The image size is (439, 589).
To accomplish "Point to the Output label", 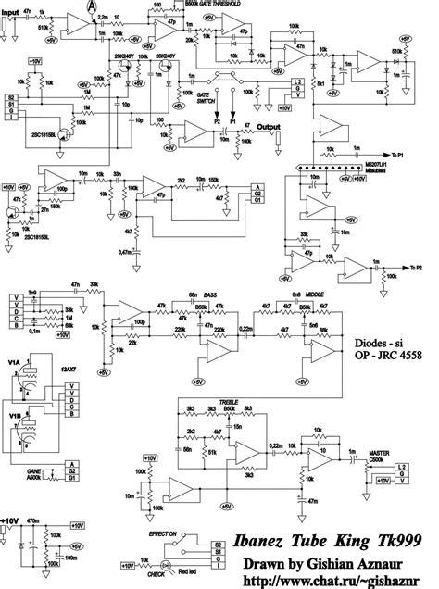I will [x=269, y=127].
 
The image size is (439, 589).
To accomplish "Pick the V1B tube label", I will [x=12, y=415].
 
